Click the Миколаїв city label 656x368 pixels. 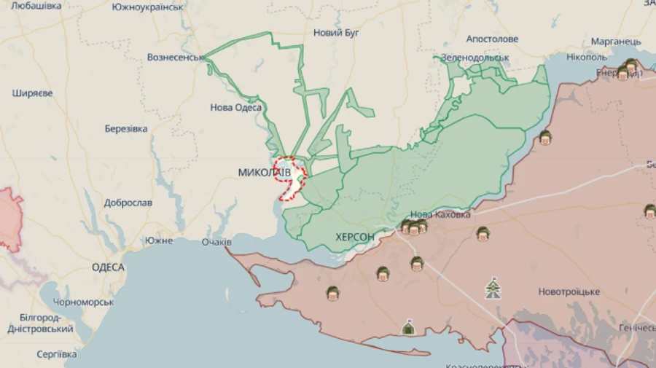[264, 172]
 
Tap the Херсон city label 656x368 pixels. [355, 237]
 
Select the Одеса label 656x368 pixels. [108, 267]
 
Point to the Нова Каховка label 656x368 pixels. [440, 214]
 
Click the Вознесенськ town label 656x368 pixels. [175, 57]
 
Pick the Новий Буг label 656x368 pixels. [338, 33]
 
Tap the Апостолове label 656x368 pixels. [492, 39]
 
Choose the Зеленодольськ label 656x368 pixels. [475, 58]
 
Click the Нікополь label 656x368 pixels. [587, 57]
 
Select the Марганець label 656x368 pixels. [616, 41]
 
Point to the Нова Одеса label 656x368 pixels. [235, 107]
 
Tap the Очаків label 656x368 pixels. [216, 241]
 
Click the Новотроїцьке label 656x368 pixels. [569, 291]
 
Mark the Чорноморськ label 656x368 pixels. [82, 302]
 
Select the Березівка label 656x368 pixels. [126, 129]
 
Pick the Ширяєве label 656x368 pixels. [32, 93]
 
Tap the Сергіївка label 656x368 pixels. [56, 354]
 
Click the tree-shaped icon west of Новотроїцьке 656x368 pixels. [493, 289]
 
